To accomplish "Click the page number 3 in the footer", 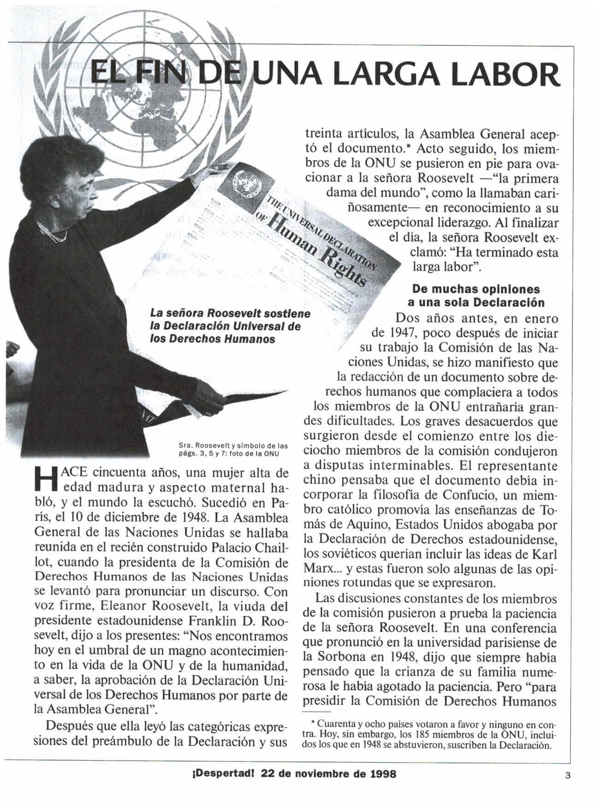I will [568, 775].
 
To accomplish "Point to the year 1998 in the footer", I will [382, 774].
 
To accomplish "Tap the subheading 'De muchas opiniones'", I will [476, 289].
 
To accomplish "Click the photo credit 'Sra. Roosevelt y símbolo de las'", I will [233, 446].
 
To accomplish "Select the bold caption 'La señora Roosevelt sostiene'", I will [230, 314].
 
